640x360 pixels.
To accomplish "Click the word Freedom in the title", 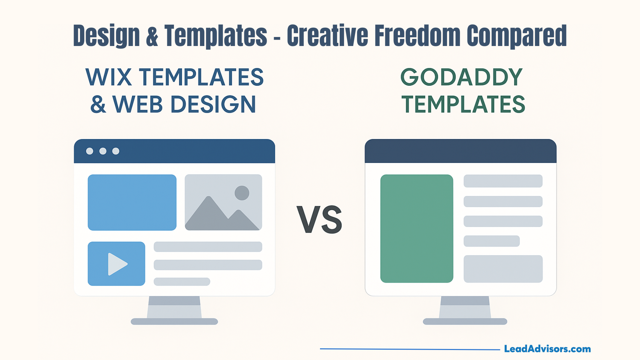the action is click(x=417, y=35).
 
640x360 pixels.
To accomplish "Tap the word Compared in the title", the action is click(x=517, y=36).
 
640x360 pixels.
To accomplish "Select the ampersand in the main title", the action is click(x=152, y=35).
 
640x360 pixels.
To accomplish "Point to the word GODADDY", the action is click(x=461, y=77).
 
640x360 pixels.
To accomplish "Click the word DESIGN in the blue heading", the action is click(x=213, y=104).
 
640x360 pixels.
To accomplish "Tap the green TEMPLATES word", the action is click(x=463, y=104).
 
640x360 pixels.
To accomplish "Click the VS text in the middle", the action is click(x=319, y=220).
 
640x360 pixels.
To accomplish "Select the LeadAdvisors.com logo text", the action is click(x=547, y=349).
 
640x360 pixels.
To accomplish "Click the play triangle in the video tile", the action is click(x=117, y=264).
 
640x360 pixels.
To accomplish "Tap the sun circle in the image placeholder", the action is click(x=242, y=193).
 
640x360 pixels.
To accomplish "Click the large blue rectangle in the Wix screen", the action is click(x=132, y=202).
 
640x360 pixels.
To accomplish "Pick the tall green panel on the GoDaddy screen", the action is click(x=417, y=229).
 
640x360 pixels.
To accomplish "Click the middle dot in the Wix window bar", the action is click(x=103, y=151).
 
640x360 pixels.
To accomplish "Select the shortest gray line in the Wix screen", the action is click(x=182, y=282).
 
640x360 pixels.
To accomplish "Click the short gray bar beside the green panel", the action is click(x=492, y=241).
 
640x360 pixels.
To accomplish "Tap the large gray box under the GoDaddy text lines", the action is click(x=503, y=269).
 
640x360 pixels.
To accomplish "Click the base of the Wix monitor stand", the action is click(x=174, y=322).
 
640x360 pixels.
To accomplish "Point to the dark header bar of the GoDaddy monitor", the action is click(x=461, y=151).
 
